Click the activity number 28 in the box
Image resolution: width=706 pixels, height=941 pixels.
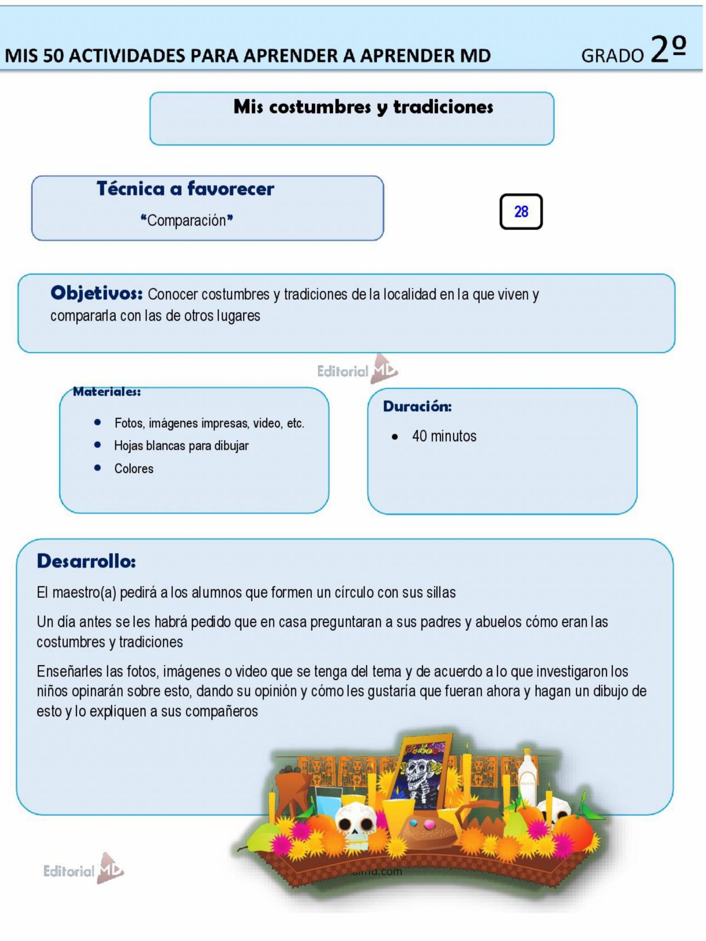(521, 212)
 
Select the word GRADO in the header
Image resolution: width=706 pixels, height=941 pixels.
(612, 56)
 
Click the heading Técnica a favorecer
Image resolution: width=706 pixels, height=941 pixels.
(185, 189)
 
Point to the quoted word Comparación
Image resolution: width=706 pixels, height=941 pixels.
(187, 221)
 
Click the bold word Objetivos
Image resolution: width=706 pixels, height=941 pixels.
(97, 293)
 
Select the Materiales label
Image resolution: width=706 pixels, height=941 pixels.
(107, 392)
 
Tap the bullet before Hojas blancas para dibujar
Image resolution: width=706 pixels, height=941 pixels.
(97, 445)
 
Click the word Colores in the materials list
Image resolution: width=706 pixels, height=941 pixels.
(134, 469)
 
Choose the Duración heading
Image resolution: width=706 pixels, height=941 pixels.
(417, 406)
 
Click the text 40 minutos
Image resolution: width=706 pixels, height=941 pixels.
(444, 436)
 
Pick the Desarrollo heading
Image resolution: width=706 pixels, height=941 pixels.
(86, 561)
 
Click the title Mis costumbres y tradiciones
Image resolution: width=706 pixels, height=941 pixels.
(363, 107)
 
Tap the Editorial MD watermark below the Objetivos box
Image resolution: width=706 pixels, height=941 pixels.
(357, 370)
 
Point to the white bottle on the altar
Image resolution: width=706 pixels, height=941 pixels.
(527, 773)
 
